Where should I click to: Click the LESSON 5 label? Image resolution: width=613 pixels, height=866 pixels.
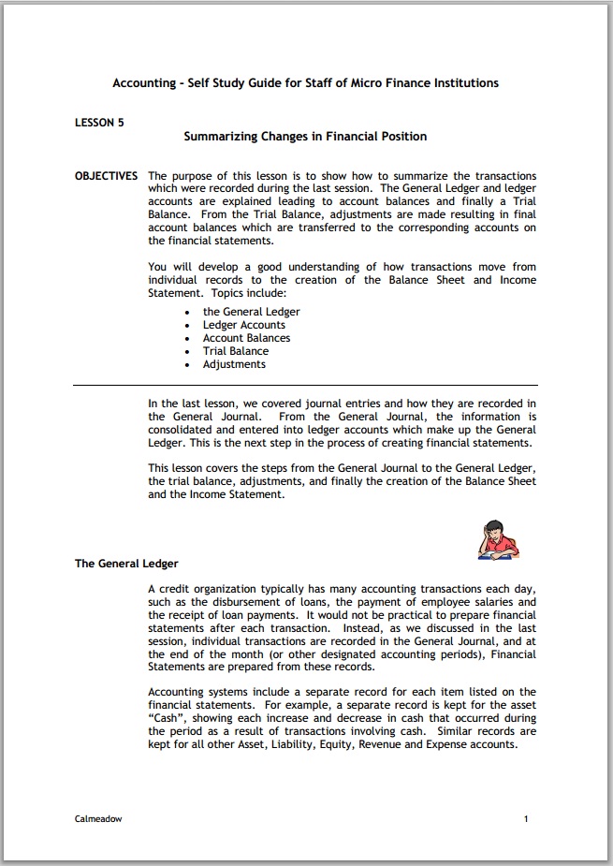(x=99, y=122)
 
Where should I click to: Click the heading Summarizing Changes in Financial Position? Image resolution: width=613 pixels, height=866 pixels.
(x=305, y=136)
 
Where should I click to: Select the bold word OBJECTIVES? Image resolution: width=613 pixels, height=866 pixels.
(x=106, y=176)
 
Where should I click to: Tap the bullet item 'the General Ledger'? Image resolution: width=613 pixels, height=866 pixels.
(x=251, y=312)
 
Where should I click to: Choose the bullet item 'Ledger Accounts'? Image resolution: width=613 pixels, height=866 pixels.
(x=243, y=325)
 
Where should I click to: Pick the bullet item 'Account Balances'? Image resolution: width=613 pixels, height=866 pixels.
(x=246, y=338)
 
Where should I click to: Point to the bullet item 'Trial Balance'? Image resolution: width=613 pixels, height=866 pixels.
(x=235, y=351)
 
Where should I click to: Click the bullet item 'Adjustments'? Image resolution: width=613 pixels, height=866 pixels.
(x=234, y=364)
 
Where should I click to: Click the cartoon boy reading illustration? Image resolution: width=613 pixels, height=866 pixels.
(x=497, y=538)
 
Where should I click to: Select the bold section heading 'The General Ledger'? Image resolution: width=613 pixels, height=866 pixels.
(x=126, y=564)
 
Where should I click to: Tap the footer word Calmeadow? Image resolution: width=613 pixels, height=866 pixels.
(x=98, y=818)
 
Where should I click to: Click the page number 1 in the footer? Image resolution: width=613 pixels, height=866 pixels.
(x=527, y=818)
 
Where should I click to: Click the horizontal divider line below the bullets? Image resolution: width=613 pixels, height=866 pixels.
(x=305, y=385)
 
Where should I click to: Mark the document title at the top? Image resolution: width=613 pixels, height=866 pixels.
(x=305, y=82)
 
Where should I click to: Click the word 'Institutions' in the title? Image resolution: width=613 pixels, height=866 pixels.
(x=464, y=82)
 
